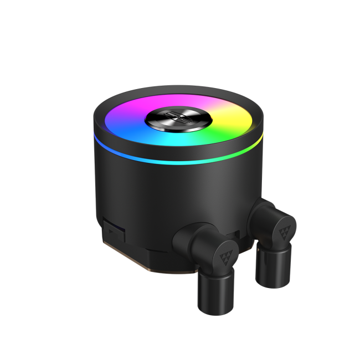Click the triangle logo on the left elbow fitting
pos(225,254)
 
